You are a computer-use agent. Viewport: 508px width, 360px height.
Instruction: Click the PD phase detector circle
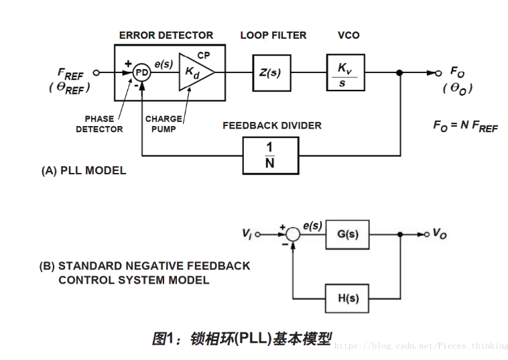tap(142, 72)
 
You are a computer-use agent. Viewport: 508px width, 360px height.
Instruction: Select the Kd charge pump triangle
tap(194, 72)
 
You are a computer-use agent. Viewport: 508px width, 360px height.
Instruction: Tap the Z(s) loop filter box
tap(271, 72)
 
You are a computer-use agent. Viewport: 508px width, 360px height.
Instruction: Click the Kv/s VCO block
tap(345, 72)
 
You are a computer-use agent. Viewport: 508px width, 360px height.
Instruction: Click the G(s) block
tap(346, 235)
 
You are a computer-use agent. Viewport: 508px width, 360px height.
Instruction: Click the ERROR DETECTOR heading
tap(166, 35)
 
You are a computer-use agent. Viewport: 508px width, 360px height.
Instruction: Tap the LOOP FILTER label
tap(273, 35)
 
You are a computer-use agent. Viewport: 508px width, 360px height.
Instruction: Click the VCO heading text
tap(348, 35)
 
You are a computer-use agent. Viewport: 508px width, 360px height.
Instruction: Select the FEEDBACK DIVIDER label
tap(272, 125)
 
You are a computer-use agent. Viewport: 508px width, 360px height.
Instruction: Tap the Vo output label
tap(440, 234)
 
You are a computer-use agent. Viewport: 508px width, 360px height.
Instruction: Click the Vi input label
tap(247, 234)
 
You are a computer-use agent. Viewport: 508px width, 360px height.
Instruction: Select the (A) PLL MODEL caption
tap(84, 170)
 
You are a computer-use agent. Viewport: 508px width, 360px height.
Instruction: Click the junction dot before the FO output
tap(400, 72)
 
